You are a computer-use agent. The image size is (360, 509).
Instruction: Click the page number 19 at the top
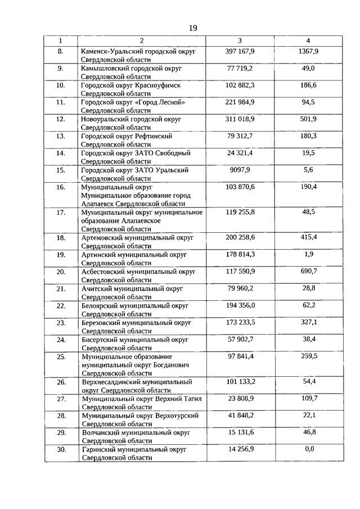pos(193,28)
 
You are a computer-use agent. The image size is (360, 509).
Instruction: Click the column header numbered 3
pos(240,41)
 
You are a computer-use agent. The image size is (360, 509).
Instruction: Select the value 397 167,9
pos(240,51)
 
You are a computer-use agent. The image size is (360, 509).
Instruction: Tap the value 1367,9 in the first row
pos(308,51)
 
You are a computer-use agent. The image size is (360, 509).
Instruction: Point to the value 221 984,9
pos(240,102)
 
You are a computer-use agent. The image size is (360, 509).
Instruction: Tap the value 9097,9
pos(240,169)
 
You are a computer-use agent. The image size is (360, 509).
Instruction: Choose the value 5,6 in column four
pos(308,169)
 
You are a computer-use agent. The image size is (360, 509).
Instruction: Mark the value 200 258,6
pos(240,237)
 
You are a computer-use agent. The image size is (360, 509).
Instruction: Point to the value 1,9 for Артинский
pos(308,254)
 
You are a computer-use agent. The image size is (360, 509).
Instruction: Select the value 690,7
pos(308,271)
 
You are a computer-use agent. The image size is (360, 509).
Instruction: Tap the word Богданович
pos(163,364)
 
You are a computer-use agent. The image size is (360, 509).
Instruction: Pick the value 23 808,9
pos(240,398)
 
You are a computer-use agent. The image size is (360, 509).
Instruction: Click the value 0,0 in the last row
pos(308,449)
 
